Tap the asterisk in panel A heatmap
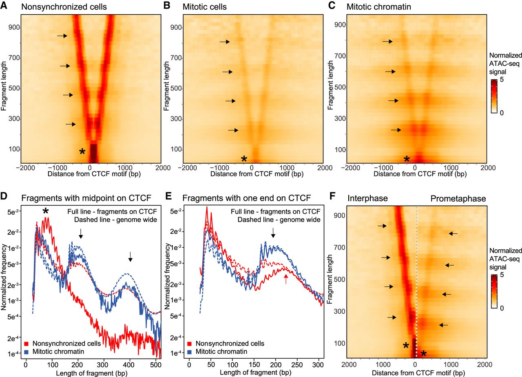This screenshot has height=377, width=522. (82, 152)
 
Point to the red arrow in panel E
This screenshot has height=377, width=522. (286, 279)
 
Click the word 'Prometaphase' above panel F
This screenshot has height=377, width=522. (458, 198)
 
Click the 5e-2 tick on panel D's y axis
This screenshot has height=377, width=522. (12, 213)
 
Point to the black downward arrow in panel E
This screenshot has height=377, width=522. (273, 233)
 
